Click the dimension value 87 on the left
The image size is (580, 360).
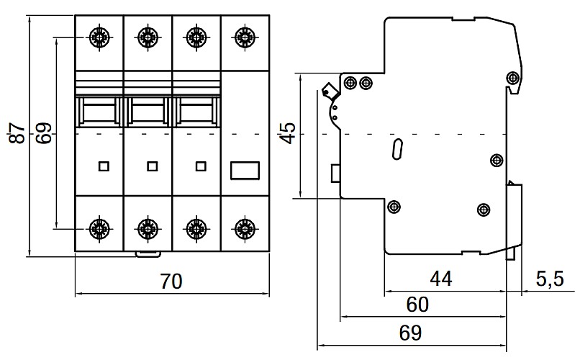coord(19,134)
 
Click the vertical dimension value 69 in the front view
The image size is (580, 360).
coord(45,134)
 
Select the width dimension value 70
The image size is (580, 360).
coord(171,282)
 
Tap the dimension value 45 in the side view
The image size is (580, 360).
coord(288,134)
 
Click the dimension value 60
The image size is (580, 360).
coord(417,305)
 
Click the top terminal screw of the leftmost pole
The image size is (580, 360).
coord(99,35)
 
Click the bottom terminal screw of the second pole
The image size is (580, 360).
coord(147,228)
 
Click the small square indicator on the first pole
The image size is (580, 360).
coord(103,167)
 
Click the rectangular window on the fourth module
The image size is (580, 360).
coord(244,170)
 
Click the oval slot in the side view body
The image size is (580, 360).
coord(396,150)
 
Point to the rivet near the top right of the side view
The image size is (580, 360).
coord(512,77)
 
